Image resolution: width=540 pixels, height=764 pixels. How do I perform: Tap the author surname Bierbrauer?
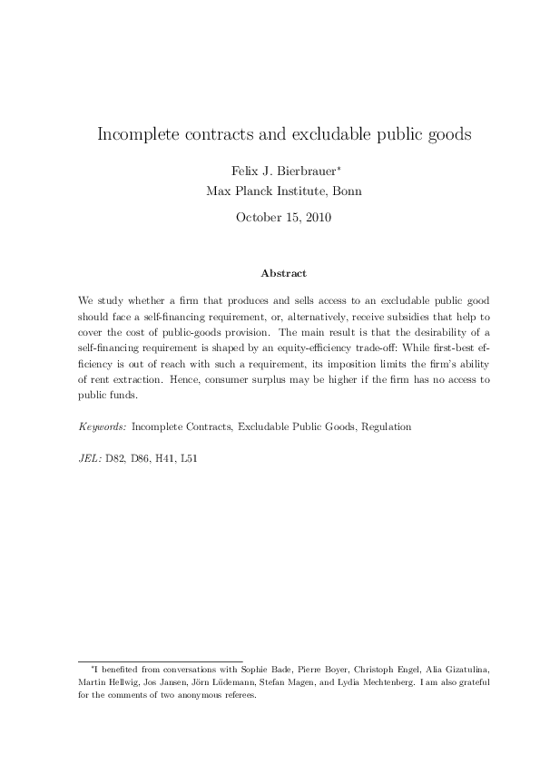(x=305, y=171)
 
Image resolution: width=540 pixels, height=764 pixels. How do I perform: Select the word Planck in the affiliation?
(x=264, y=191)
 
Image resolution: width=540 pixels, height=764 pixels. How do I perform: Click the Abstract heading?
(x=283, y=273)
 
